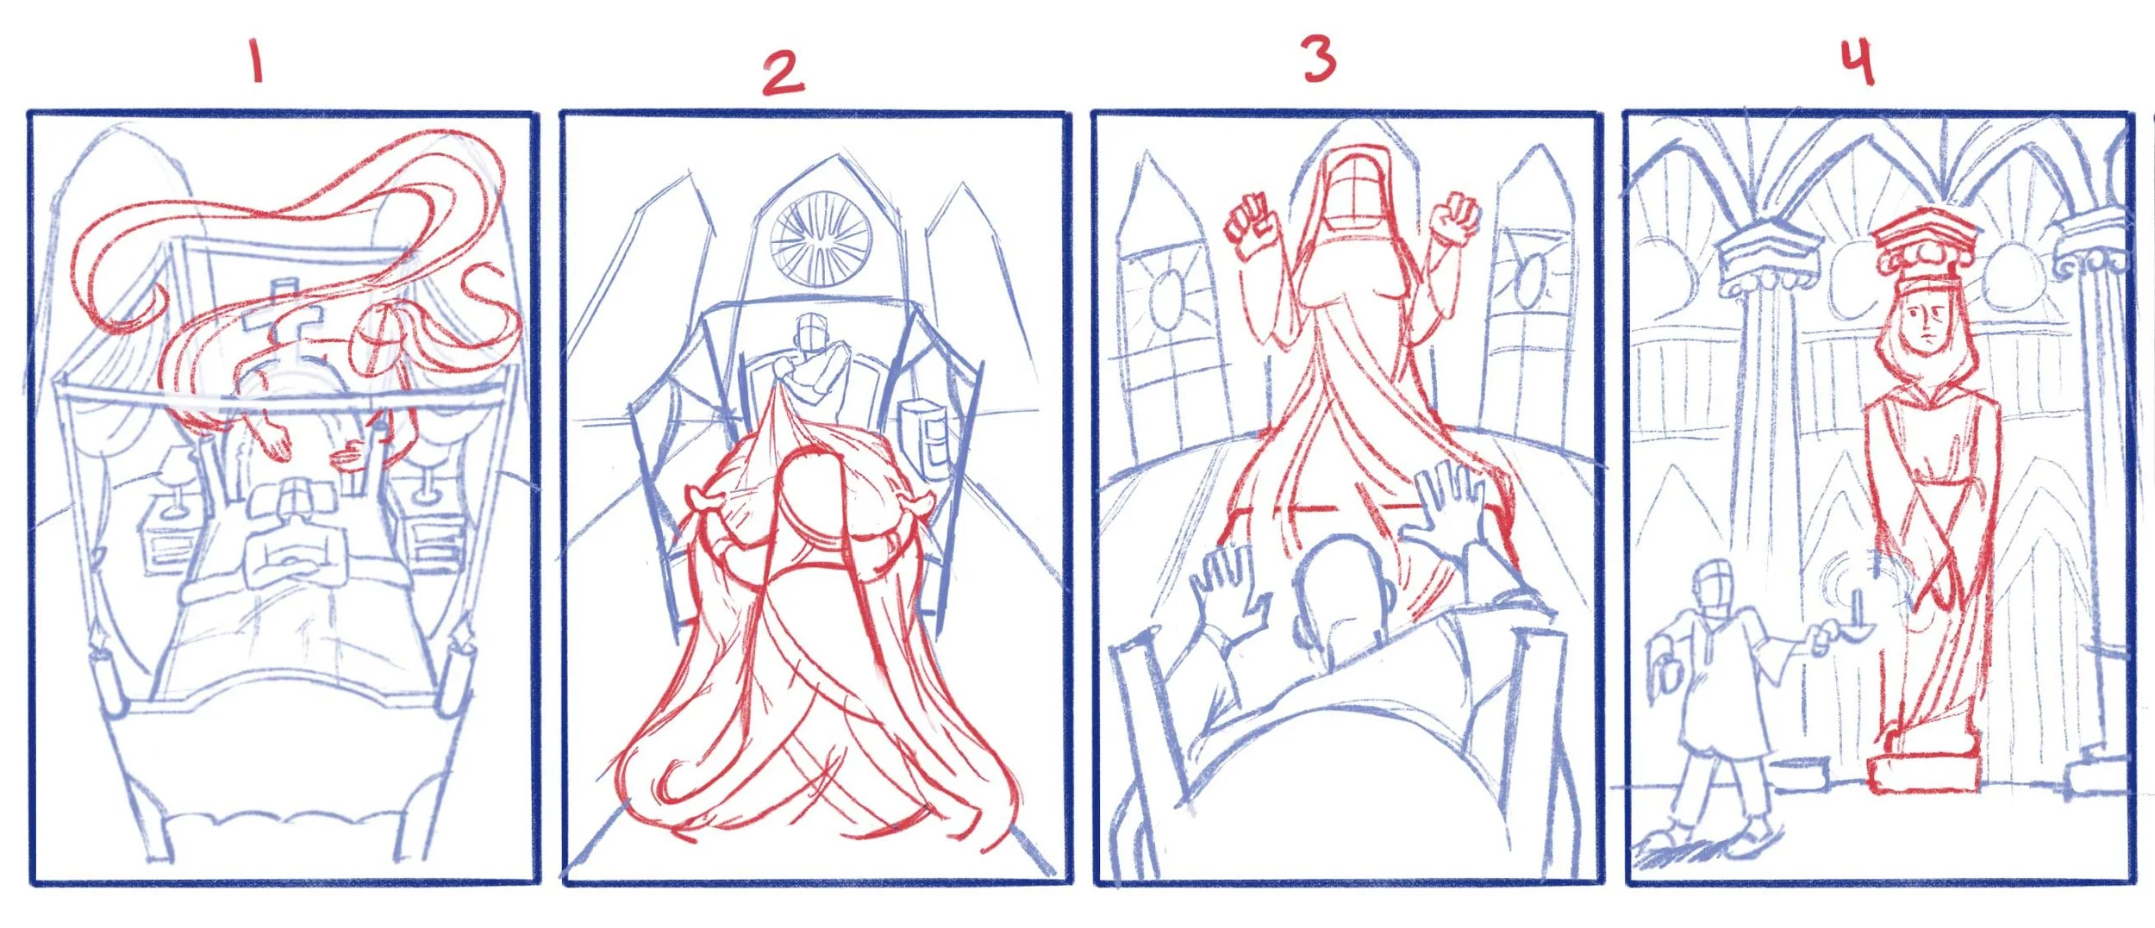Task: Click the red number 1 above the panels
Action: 256,60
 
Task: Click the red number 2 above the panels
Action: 782,72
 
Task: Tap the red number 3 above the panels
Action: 1319,59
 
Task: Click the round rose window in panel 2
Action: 820,237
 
